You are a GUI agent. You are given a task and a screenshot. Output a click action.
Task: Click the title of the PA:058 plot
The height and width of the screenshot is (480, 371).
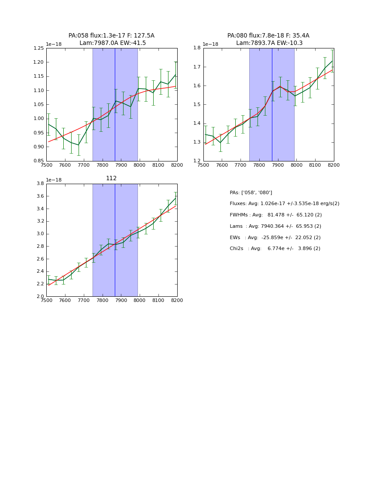pyautogui.click(x=111, y=39)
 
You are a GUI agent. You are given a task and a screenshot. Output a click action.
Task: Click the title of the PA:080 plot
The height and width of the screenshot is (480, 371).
pyautogui.click(x=268, y=39)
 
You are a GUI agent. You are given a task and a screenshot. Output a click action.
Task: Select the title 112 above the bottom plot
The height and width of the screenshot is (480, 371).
pyautogui.click(x=111, y=178)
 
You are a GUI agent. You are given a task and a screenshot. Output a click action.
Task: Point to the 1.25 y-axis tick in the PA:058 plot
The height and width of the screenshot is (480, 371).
pyautogui.click(x=39, y=48)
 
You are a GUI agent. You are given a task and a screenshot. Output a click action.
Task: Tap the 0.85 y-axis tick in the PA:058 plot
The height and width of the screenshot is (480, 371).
pyautogui.click(x=39, y=161)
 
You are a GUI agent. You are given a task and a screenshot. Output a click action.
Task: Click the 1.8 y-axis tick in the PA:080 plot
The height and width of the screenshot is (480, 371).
pyautogui.click(x=197, y=48)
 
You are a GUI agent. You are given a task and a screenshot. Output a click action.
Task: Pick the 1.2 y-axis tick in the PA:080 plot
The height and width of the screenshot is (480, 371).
pyautogui.click(x=197, y=161)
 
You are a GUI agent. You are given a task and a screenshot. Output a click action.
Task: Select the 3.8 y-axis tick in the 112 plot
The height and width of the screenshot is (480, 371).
pyautogui.click(x=40, y=184)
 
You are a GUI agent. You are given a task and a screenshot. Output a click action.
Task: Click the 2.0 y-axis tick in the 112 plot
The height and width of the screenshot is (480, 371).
pyautogui.click(x=40, y=296)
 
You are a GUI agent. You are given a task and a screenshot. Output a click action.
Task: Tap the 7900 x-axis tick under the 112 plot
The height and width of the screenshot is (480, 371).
pyautogui.click(x=121, y=300)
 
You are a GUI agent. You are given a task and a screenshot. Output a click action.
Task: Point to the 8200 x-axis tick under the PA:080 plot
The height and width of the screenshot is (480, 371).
pyautogui.click(x=333, y=165)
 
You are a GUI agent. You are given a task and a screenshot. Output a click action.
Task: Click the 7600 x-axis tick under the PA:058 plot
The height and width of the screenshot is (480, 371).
pyautogui.click(x=65, y=165)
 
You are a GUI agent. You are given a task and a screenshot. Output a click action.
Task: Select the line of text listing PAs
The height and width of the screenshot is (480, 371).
pyautogui.click(x=251, y=192)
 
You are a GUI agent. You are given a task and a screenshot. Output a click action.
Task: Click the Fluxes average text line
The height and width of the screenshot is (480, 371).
pyautogui.click(x=285, y=204)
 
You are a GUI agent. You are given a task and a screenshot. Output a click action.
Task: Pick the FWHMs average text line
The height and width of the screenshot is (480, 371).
pyautogui.click(x=276, y=215)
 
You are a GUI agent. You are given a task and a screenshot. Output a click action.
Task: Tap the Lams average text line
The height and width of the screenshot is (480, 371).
pyautogui.click(x=275, y=226)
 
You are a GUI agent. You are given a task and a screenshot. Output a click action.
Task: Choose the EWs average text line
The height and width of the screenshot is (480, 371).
pyautogui.click(x=275, y=238)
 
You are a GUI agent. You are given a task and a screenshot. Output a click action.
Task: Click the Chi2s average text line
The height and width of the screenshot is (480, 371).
pyautogui.click(x=275, y=249)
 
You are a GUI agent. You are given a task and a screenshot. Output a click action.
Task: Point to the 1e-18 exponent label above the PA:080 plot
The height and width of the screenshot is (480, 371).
pyautogui.click(x=210, y=44)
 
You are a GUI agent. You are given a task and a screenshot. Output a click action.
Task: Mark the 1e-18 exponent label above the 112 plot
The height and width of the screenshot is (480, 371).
pyautogui.click(x=54, y=180)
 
